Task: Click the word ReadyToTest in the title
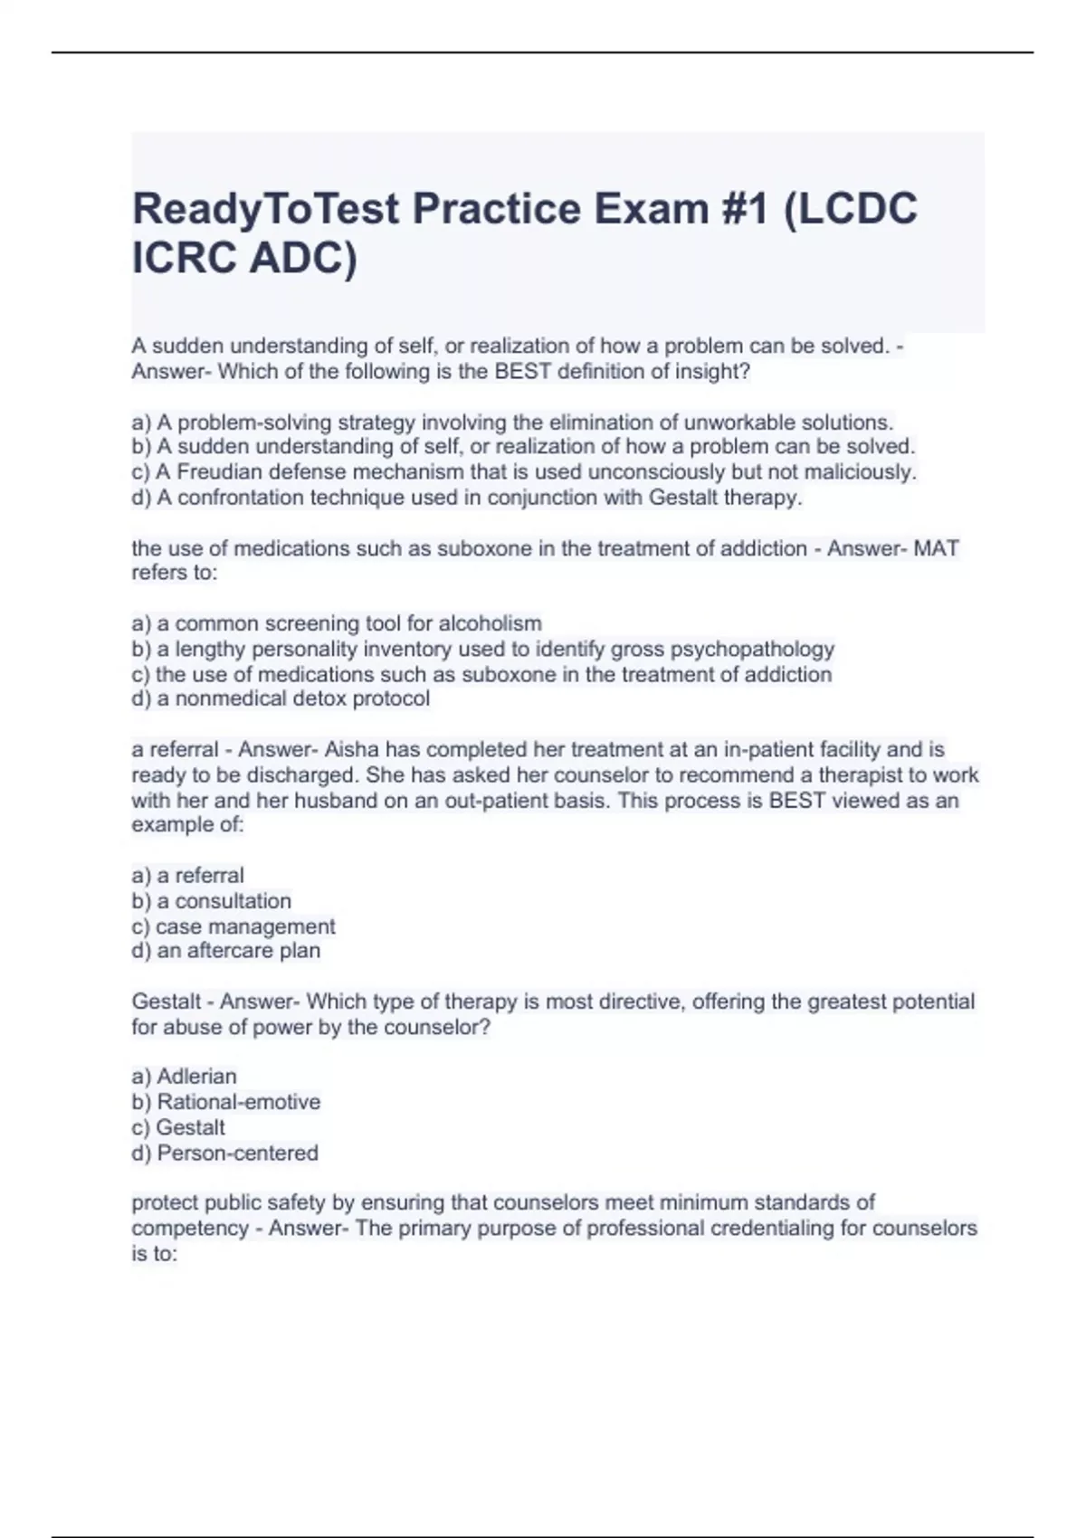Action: click(266, 210)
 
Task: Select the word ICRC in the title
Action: click(184, 259)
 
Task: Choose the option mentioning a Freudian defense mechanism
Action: click(524, 472)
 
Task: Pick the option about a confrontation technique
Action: click(467, 498)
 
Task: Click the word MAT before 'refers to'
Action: click(936, 548)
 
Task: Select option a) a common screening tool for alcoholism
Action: click(337, 623)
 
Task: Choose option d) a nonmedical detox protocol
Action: click(281, 698)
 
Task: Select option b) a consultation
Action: click(212, 901)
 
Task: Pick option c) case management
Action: click(233, 926)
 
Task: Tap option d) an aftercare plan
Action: click(226, 951)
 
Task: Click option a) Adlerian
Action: click(185, 1077)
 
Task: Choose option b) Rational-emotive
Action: click(226, 1102)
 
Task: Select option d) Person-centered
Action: click(225, 1153)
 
